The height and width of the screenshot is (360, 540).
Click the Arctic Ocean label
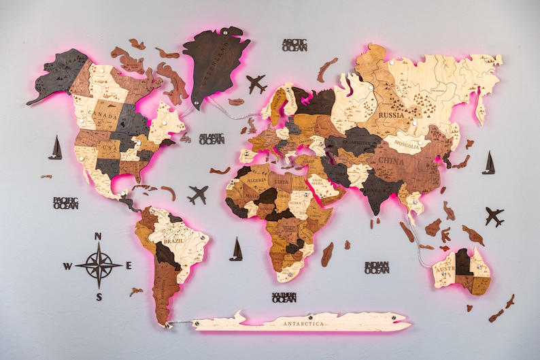[x=294, y=45]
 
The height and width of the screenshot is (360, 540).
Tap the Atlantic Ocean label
[x=212, y=138]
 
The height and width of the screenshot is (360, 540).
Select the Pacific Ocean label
[x=66, y=203]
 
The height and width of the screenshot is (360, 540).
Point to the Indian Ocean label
[x=376, y=267]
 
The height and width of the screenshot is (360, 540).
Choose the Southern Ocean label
[x=284, y=297]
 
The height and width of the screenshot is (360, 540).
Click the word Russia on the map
[x=391, y=115]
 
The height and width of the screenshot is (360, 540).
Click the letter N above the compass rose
[x=98, y=237]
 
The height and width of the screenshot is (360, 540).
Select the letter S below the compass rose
[x=99, y=297]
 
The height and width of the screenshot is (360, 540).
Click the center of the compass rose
[x=99, y=265]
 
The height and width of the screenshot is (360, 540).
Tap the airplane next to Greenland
[x=256, y=84]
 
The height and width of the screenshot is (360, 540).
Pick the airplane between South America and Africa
[x=198, y=195]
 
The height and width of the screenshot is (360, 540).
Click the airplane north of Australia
[x=494, y=217]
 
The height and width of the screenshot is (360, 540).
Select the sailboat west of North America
[x=55, y=148]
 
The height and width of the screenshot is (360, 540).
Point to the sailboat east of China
[x=488, y=163]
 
